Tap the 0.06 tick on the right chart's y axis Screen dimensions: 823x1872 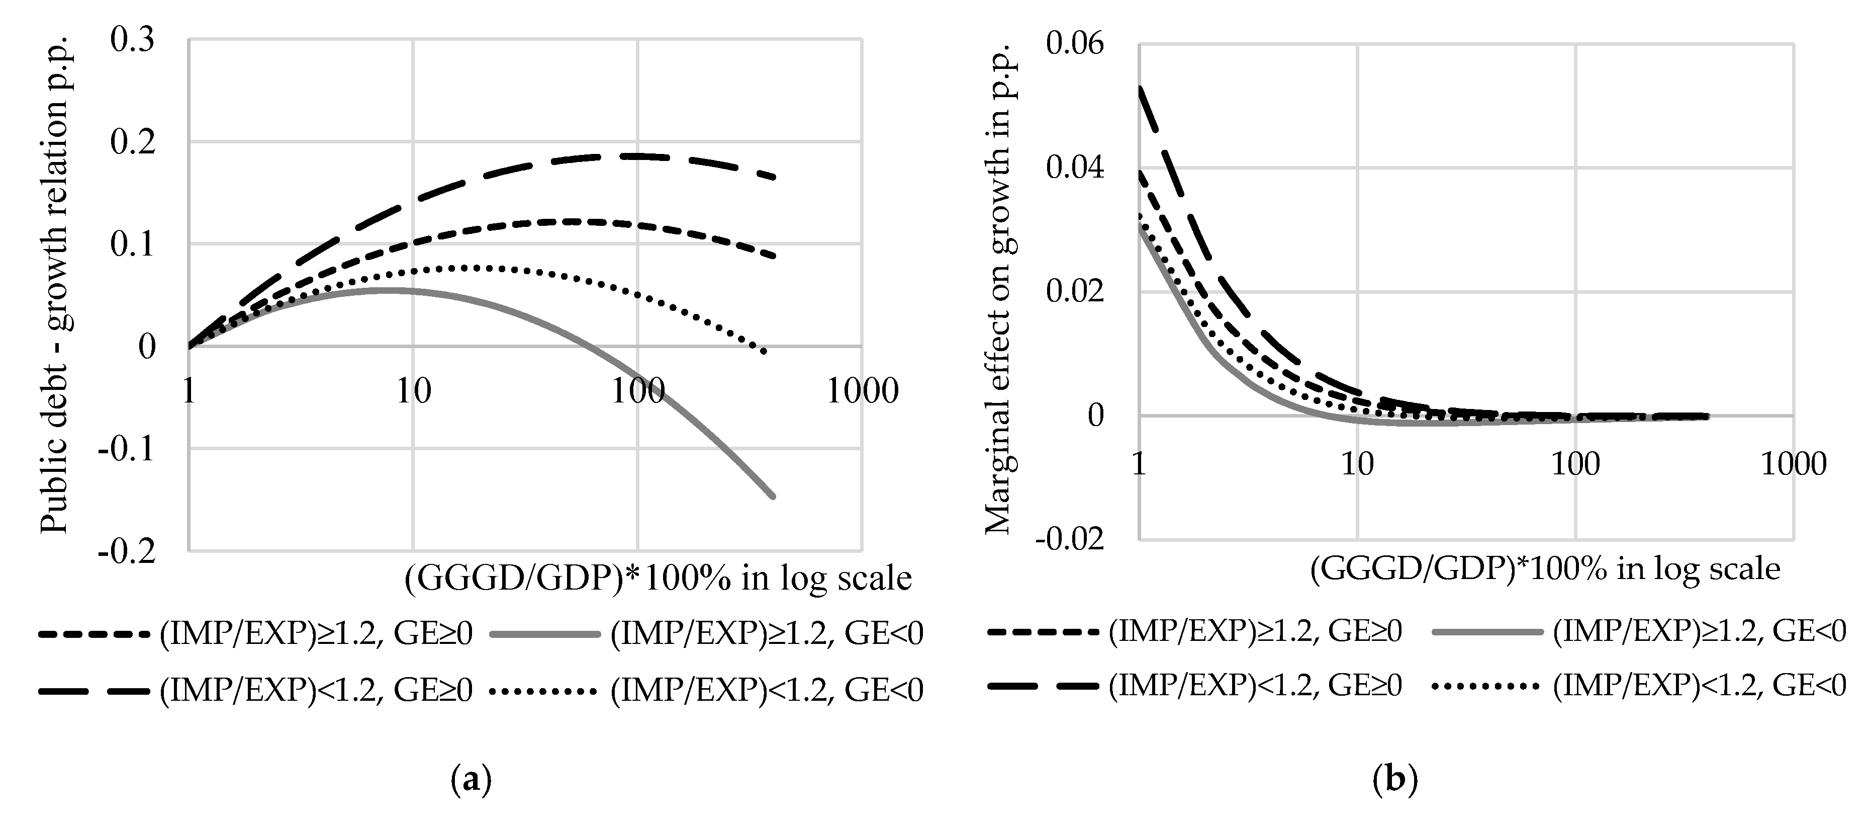pos(1074,44)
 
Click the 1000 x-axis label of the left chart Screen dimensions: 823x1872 pos(862,392)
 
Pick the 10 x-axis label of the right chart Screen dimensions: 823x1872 pos(1357,464)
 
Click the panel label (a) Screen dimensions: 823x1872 pos(471,780)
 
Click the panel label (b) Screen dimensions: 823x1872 pos(1394,780)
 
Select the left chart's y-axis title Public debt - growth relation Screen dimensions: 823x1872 pos(54,291)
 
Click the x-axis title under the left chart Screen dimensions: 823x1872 pos(658,579)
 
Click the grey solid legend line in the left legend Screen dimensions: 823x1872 pos(545,634)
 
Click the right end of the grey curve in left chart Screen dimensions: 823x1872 pos(773,497)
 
